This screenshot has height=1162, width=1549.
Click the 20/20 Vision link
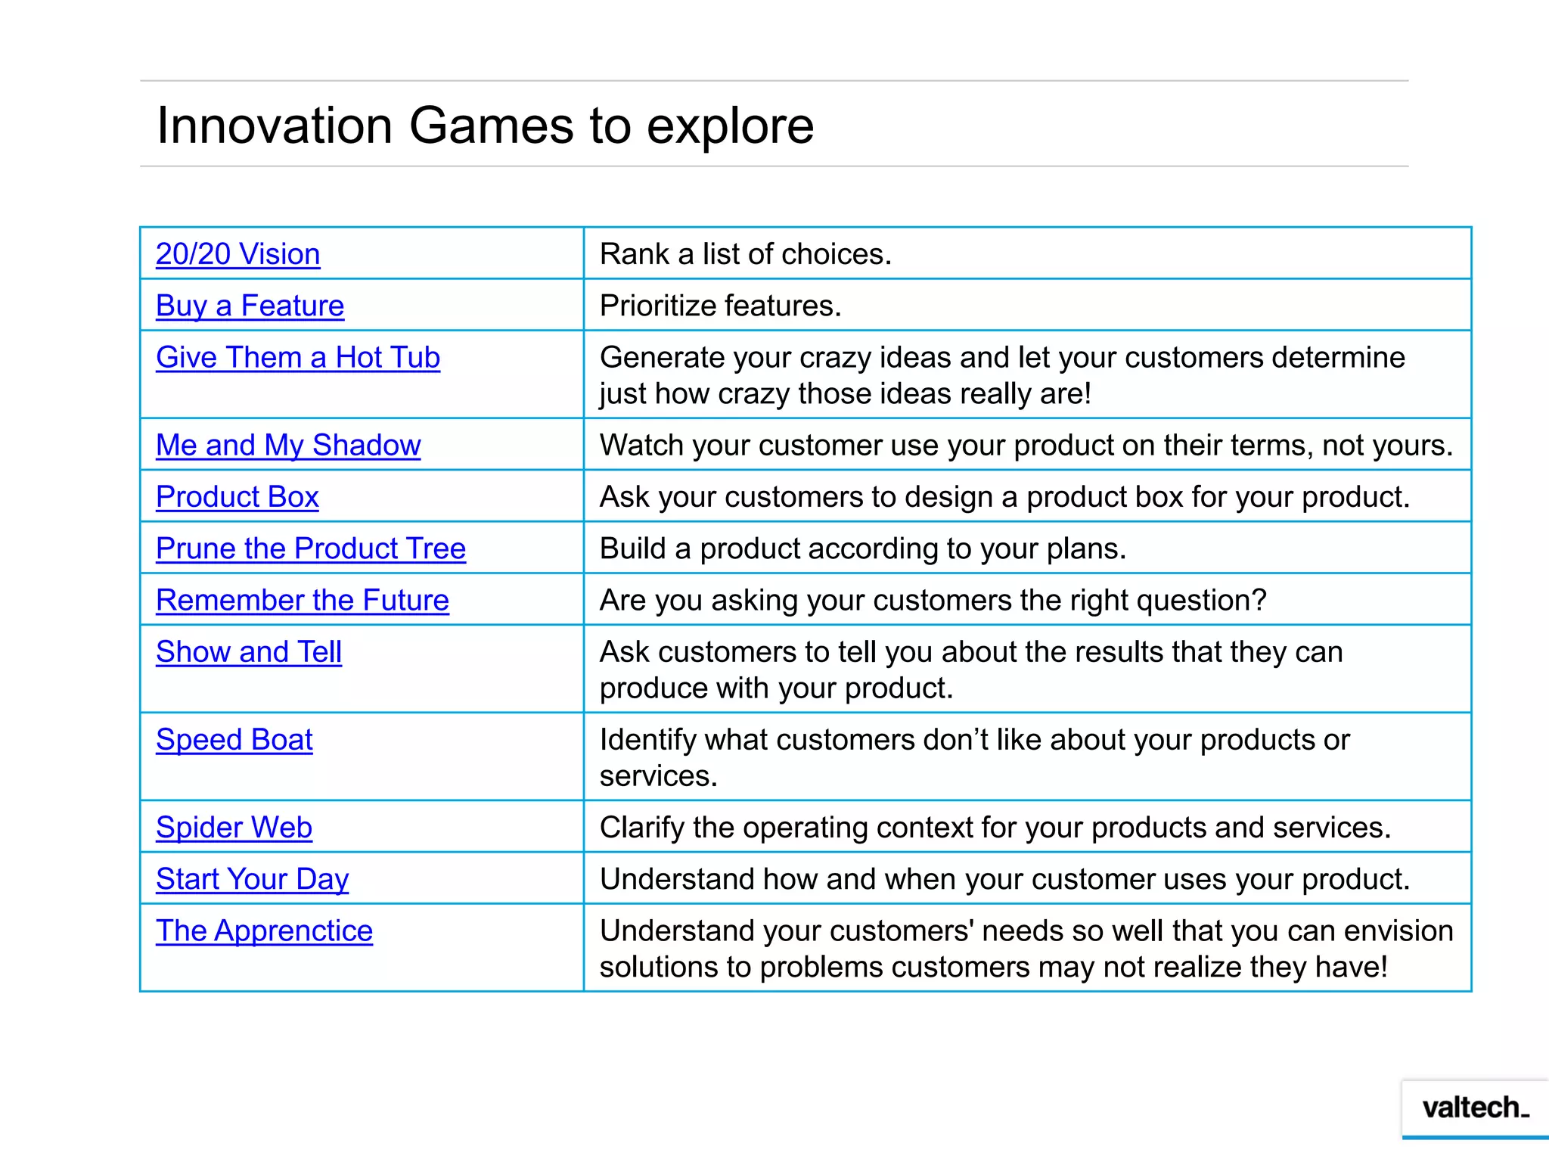[x=237, y=254]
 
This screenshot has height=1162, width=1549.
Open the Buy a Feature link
[x=250, y=306]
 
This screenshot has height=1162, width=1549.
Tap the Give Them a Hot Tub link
[x=297, y=357]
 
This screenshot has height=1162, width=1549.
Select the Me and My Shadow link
[x=287, y=445]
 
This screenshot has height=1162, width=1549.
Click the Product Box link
[x=237, y=497]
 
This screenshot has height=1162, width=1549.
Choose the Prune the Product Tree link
[x=310, y=548]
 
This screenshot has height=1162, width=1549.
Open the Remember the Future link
[x=302, y=600]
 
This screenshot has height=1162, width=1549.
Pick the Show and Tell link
[x=248, y=651]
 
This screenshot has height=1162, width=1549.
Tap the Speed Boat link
[x=234, y=739]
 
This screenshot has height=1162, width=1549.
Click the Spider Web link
[x=234, y=827]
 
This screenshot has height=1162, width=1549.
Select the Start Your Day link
[x=252, y=879]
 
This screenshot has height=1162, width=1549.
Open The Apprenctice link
[x=264, y=931]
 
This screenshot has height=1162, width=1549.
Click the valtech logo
[x=1475, y=1108]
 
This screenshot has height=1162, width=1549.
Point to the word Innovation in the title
[x=274, y=126]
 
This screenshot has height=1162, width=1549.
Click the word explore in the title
[x=730, y=127]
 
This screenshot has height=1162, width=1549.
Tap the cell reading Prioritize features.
[x=720, y=306]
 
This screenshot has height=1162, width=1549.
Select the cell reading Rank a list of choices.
[x=745, y=254]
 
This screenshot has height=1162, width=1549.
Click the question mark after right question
[x=1259, y=600]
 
